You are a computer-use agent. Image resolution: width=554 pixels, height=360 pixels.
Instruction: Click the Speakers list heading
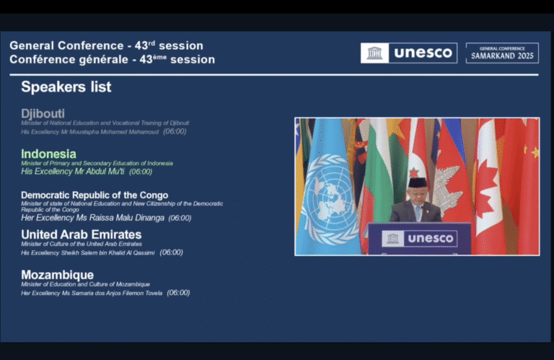pyautogui.click(x=66, y=87)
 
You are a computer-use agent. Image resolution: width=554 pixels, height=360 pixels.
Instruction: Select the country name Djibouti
pyautogui.click(x=43, y=113)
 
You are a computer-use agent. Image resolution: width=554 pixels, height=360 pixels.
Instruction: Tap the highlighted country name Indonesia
pyautogui.click(x=48, y=154)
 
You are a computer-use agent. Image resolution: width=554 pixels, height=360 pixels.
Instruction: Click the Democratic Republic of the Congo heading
pyautogui.click(x=94, y=195)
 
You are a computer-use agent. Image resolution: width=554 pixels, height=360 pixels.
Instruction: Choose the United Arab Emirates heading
pyautogui.click(x=81, y=234)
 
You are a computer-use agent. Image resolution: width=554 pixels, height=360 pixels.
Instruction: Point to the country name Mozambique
pyautogui.click(x=57, y=275)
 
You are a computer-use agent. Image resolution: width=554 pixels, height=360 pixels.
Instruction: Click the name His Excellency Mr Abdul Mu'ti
pyautogui.click(x=74, y=172)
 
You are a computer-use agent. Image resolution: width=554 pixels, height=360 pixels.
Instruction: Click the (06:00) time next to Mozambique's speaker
pyautogui.click(x=178, y=293)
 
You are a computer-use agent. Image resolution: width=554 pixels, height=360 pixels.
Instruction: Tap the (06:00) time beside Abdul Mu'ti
pyautogui.click(x=141, y=172)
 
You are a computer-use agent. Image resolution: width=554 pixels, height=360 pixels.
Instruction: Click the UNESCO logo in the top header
pyautogui.click(x=409, y=53)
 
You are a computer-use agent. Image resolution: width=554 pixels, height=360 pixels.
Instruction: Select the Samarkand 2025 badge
pyautogui.click(x=501, y=53)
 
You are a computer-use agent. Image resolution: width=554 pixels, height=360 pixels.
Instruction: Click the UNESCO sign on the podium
pyautogui.click(x=419, y=238)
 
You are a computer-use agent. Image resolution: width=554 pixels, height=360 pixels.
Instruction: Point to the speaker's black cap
pyautogui.click(x=418, y=183)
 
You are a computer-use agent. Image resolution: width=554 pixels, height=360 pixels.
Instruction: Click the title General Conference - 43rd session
pyautogui.click(x=106, y=45)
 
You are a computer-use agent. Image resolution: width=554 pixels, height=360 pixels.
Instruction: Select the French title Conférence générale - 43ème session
pyautogui.click(x=112, y=59)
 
